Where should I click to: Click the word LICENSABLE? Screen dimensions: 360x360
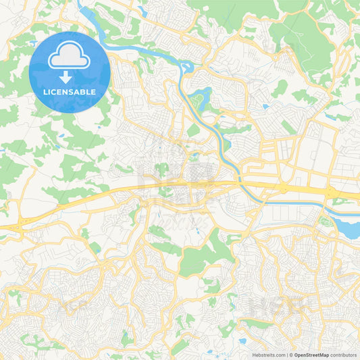click(x=70, y=91)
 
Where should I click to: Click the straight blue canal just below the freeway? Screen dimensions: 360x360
click(x=297, y=201)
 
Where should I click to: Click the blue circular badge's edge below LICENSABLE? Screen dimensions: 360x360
click(x=70, y=110)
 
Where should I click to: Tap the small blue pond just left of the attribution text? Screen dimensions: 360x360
click(x=242, y=341)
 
